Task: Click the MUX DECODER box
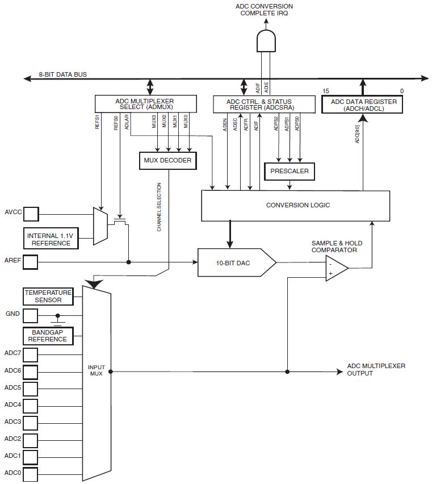click(168, 161)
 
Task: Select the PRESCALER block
click(290, 170)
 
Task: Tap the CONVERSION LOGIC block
click(296, 205)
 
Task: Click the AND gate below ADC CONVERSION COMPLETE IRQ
click(266, 41)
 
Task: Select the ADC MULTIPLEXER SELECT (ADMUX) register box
click(145, 104)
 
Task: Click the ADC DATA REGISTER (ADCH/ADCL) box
click(363, 104)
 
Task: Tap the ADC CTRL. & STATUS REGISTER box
click(263, 104)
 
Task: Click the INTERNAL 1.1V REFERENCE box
click(51, 239)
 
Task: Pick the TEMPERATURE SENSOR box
click(48, 297)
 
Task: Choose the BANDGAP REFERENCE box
click(48, 335)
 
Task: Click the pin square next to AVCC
click(31, 214)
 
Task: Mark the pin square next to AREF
click(31, 262)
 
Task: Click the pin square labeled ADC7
click(31, 354)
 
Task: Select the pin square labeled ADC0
click(31, 474)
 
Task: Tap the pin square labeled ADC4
click(31, 406)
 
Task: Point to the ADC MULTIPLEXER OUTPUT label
click(376, 370)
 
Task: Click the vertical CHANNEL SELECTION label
click(159, 207)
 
